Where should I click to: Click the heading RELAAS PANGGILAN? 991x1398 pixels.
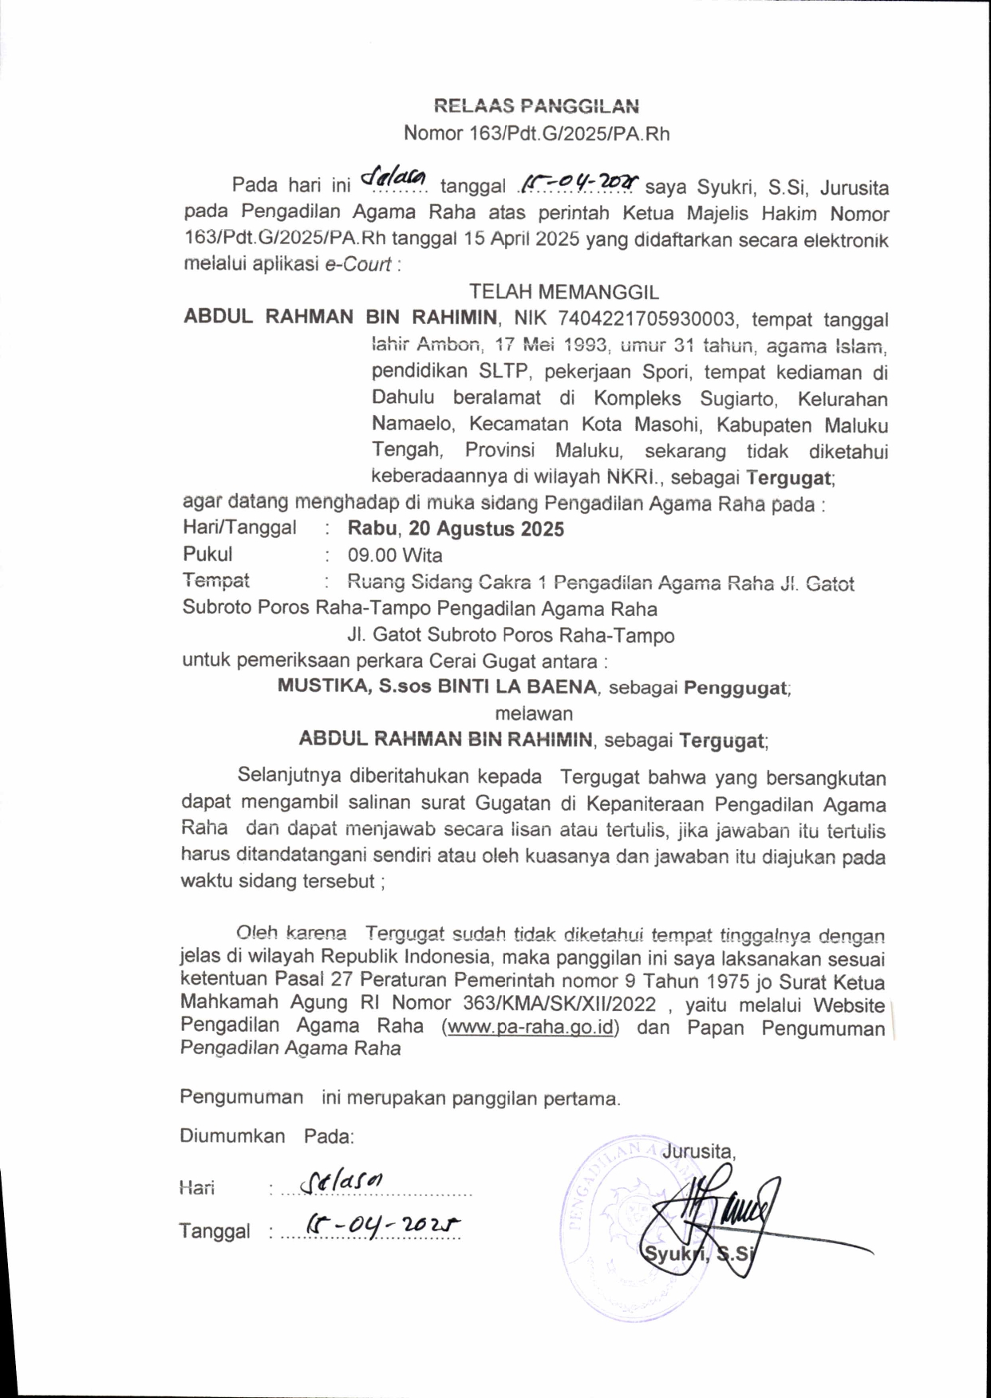(536, 106)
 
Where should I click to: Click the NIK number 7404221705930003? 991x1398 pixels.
(646, 319)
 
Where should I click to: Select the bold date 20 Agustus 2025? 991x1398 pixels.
(486, 529)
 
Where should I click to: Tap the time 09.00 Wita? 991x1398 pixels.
(395, 555)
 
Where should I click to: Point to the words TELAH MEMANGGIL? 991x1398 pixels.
(563, 292)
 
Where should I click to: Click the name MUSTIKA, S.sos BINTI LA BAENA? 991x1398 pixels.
(437, 687)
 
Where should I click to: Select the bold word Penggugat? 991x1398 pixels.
(736, 688)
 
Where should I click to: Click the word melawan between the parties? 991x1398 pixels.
(534, 713)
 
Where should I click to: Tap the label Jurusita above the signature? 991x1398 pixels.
(699, 1151)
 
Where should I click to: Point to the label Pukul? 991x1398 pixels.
(207, 555)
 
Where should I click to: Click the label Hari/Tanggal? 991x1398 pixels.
(239, 527)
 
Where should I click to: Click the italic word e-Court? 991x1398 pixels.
(358, 265)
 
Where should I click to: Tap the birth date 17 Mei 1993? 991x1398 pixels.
(552, 346)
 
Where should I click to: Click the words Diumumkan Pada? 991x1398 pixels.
(267, 1136)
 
